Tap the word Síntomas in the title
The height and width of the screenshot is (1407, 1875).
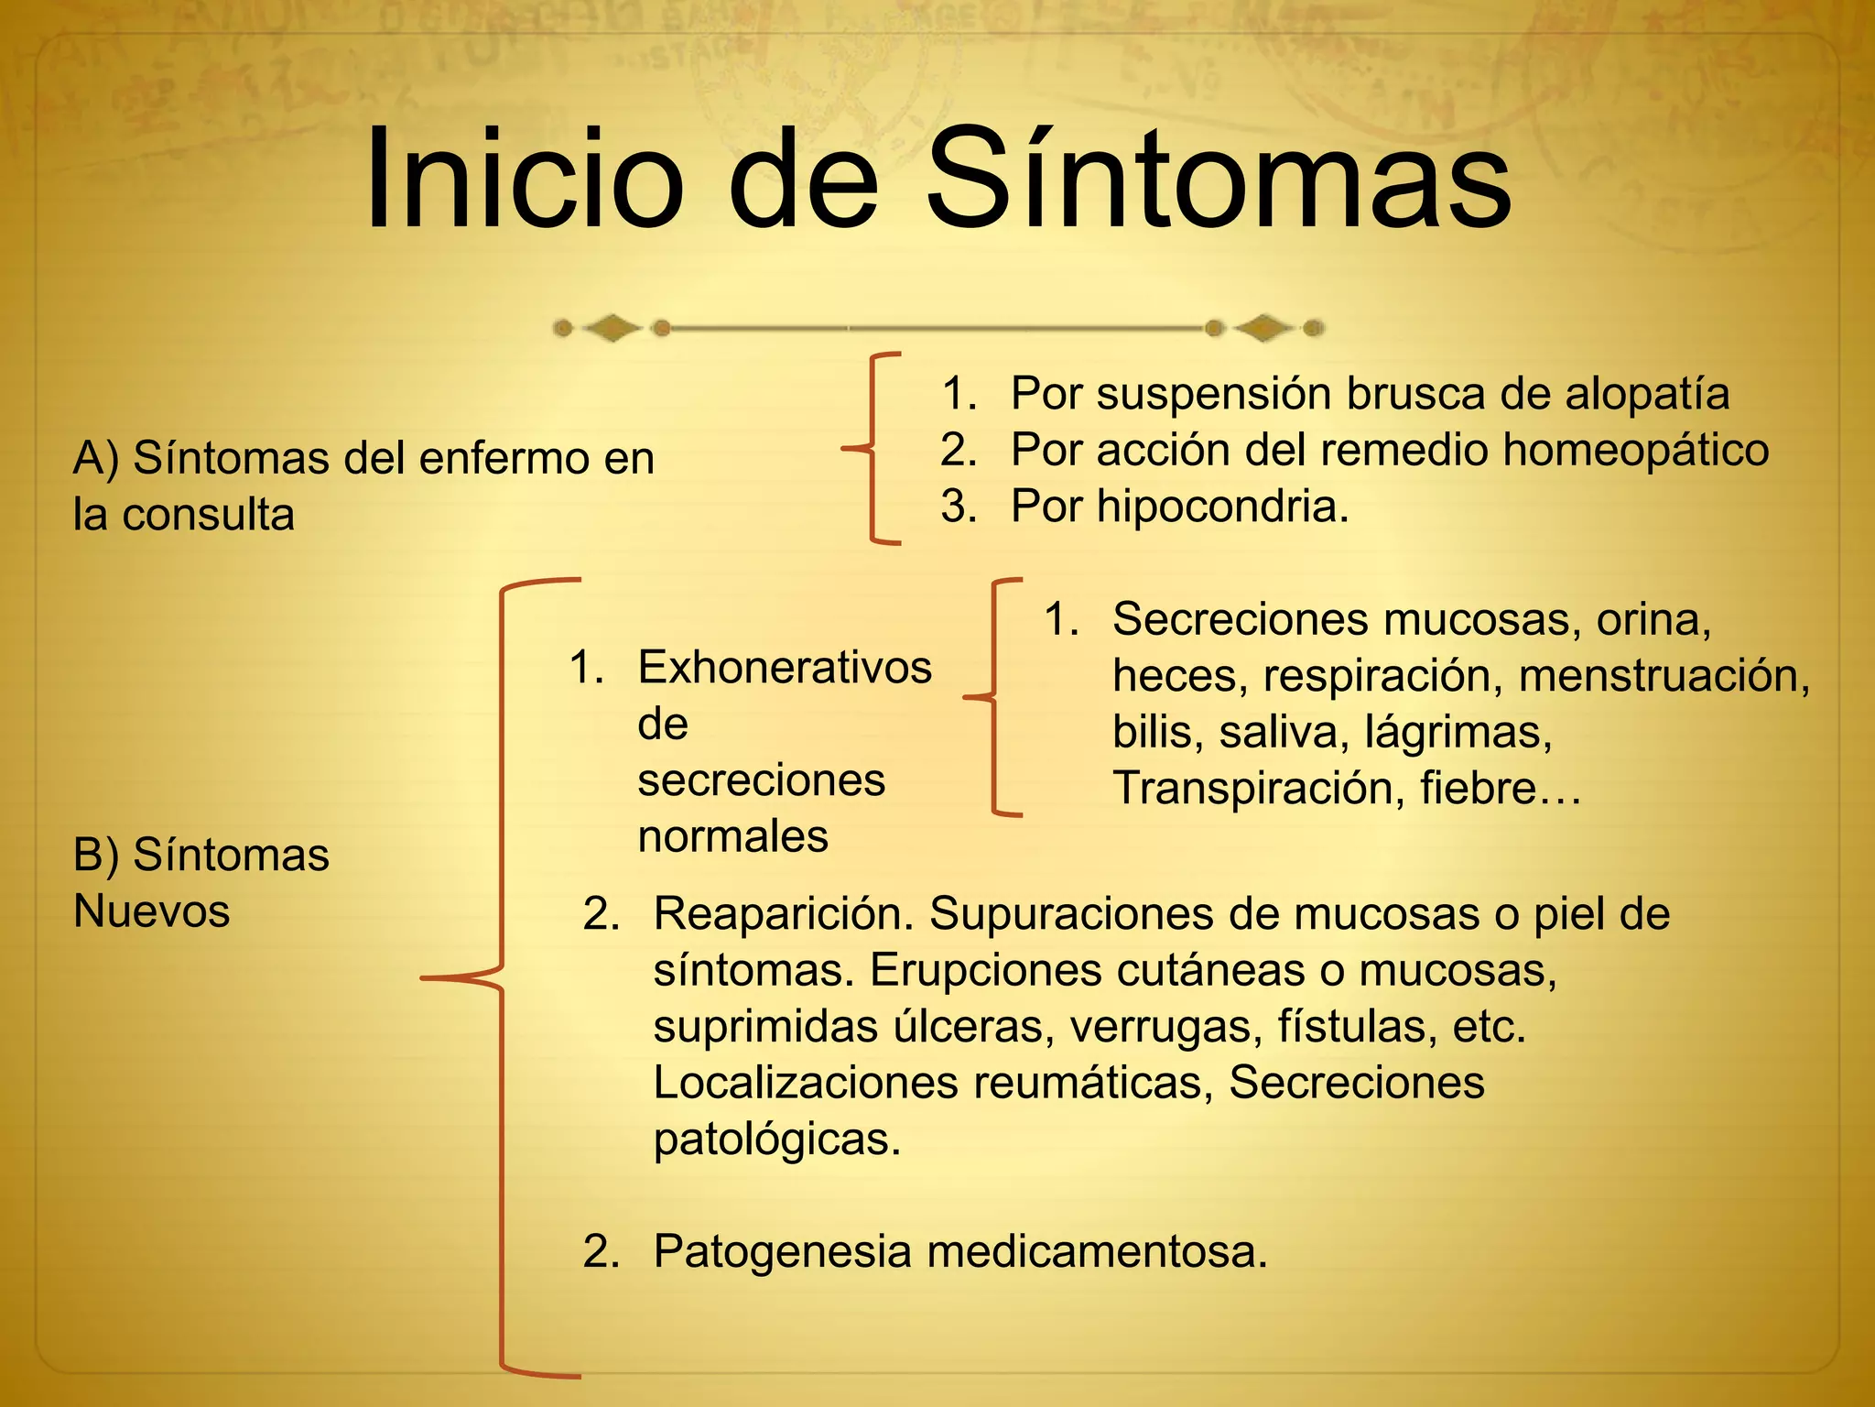click(1218, 179)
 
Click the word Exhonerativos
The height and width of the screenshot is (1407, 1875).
click(785, 667)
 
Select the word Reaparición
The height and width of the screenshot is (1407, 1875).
click(784, 914)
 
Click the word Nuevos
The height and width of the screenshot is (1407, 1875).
click(152, 911)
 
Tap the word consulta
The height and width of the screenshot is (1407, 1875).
click(209, 515)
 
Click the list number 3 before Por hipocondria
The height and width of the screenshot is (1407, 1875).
click(959, 507)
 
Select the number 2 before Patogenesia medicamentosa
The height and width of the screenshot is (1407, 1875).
click(602, 1251)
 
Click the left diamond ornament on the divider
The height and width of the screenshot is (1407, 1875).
click(612, 328)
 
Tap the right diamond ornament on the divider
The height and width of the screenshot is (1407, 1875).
click(1264, 328)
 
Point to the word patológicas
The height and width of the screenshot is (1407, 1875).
click(777, 1140)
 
